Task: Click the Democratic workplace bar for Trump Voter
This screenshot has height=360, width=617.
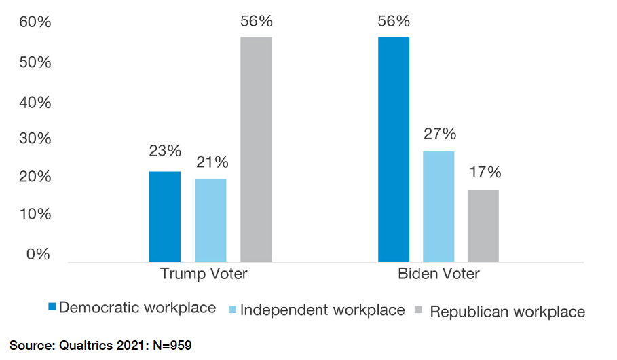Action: [165, 216]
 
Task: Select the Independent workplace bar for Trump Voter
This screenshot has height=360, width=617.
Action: [210, 220]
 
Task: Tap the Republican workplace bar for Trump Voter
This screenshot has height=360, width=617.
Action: [256, 149]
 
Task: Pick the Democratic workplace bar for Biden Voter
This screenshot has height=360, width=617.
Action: [394, 149]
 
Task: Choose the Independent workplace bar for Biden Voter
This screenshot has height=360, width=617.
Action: [438, 206]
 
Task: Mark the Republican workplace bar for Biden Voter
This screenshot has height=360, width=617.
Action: [483, 226]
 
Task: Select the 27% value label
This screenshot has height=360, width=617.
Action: [440, 133]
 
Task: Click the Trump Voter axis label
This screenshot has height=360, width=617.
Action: [204, 274]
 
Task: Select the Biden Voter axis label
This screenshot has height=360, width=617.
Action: [438, 274]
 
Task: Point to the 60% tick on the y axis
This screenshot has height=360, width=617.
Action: [35, 23]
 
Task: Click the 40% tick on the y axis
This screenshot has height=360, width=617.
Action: [35, 104]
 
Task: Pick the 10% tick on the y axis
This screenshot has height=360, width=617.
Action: [35, 215]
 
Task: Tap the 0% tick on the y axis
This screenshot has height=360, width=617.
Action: [38, 255]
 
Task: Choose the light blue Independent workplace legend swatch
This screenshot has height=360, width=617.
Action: [233, 310]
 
